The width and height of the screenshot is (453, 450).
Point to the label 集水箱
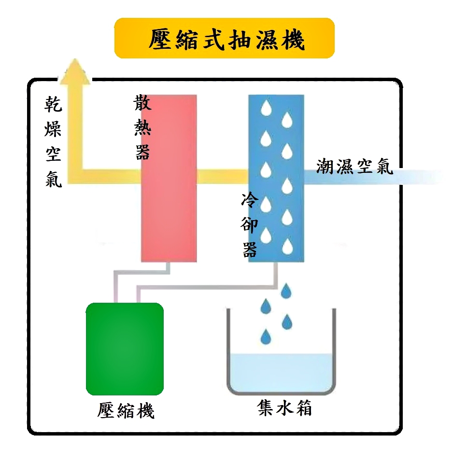pyautogui.click(x=284, y=408)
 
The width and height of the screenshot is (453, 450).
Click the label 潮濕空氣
pyautogui.click(x=354, y=167)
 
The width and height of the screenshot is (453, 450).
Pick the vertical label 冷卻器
pyautogui.click(x=250, y=225)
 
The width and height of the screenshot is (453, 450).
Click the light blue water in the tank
pyautogui.click(x=281, y=372)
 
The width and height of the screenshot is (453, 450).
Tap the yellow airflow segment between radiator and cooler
pyautogui.click(x=223, y=176)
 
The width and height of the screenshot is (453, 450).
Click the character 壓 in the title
pyautogui.click(x=161, y=40)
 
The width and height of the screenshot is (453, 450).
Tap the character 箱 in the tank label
pyautogui.click(x=303, y=408)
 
